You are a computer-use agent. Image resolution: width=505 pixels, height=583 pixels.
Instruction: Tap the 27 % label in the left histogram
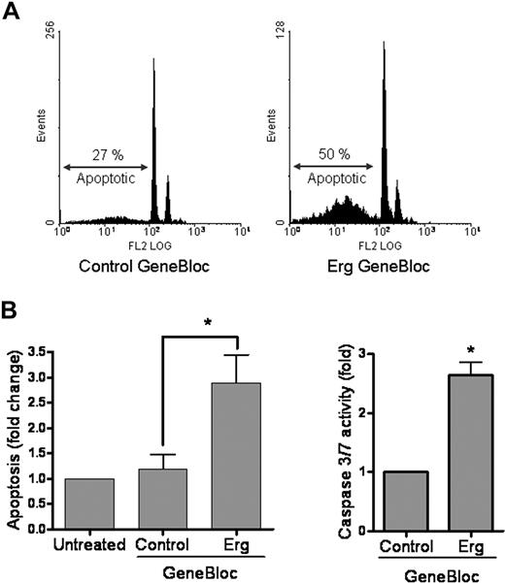tap(102, 153)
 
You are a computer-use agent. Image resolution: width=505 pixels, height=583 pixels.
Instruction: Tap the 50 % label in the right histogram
tap(334, 153)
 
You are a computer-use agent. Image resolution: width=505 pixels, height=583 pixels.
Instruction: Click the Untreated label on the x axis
tap(89, 544)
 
